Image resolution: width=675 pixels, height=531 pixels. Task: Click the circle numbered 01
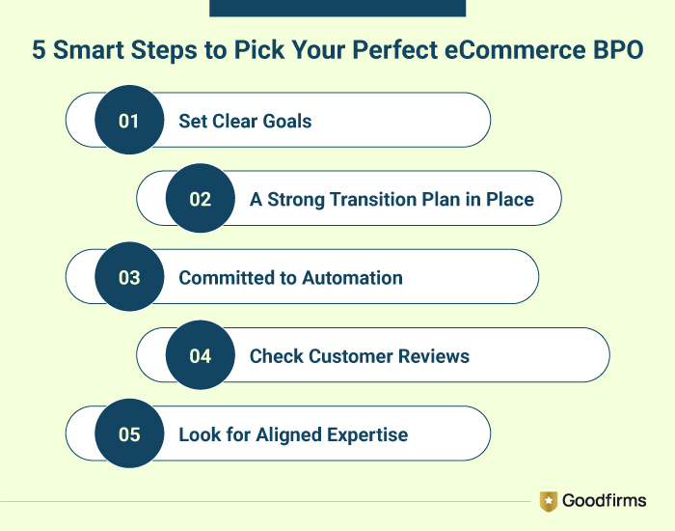(129, 122)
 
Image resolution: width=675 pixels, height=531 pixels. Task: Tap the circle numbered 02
(201, 200)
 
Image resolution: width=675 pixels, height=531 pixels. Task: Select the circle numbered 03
(129, 278)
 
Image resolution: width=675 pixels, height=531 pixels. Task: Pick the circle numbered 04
(201, 356)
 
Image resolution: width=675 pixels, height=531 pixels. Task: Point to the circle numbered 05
(129, 434)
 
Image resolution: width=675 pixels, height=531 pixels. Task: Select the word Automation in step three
(352, 278)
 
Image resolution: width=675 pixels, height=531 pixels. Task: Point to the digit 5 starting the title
(39, 51)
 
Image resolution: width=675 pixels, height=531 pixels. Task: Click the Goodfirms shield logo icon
(549, 500)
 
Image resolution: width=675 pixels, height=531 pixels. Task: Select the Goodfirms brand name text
(606, 500)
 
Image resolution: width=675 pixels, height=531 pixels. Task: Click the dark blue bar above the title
(337, 8)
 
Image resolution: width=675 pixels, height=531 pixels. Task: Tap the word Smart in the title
(87, 51)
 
